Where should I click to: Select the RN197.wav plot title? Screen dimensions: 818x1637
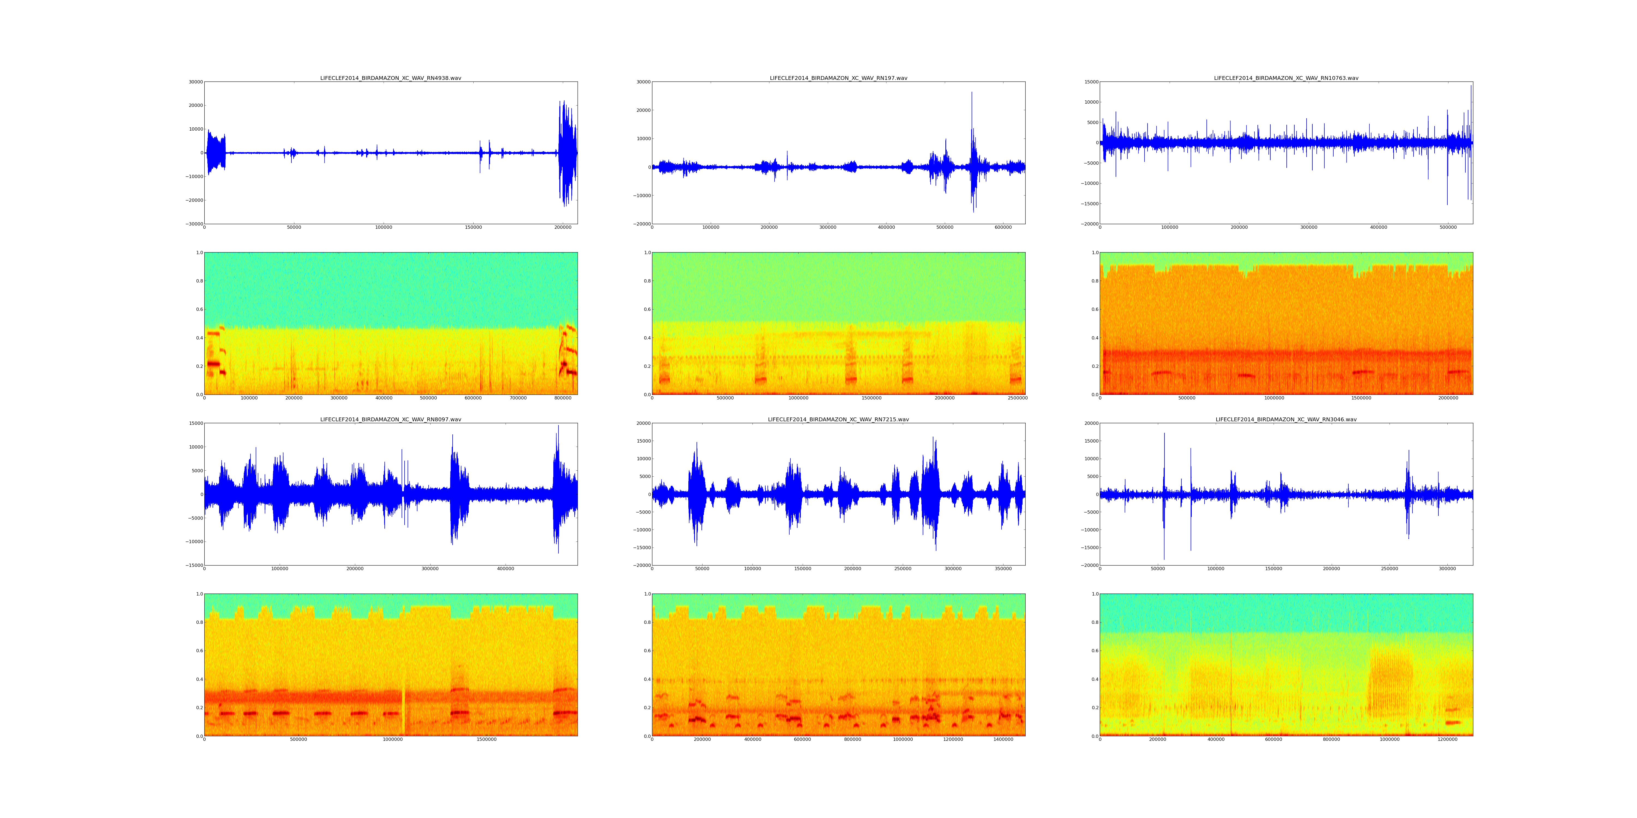(838, 78)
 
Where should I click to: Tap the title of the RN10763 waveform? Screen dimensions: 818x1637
(1286, 78)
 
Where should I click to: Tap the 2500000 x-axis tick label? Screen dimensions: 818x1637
(1017, 398)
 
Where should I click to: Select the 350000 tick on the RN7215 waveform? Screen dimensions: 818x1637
(1003, 569)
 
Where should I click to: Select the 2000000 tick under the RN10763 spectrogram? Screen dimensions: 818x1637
(1448, 398)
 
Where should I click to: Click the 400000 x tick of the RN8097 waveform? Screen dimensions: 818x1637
(506, 569)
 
